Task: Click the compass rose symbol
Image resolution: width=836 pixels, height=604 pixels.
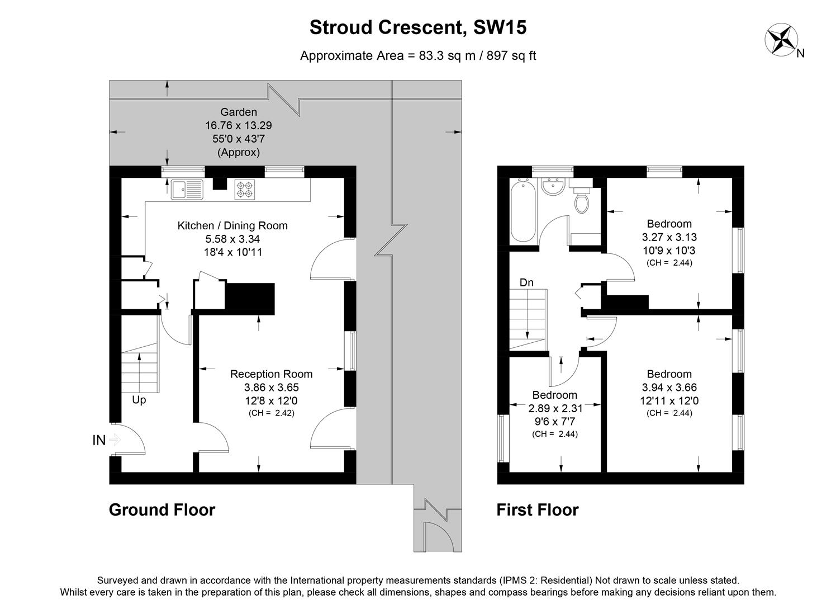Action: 781,39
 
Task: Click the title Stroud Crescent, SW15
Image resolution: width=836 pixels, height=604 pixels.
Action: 417,27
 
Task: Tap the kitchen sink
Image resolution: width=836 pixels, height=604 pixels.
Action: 187,190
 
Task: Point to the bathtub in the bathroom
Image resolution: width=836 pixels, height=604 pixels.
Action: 523,211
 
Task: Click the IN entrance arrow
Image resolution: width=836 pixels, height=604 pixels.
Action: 106,440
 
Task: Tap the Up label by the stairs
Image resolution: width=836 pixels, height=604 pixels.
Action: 139,400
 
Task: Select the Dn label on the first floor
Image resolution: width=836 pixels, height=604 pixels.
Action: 526,283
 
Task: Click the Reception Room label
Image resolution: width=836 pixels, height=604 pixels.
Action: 271,374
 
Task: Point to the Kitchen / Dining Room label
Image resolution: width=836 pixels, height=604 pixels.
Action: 232,226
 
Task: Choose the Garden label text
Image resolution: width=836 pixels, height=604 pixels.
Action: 239,112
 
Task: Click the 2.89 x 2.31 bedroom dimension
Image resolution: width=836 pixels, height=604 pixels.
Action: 554,408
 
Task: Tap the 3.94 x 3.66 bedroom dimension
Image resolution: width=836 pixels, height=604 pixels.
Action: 669,388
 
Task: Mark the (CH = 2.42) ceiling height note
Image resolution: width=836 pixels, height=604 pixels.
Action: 271,413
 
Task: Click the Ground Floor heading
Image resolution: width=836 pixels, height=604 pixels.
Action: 161,509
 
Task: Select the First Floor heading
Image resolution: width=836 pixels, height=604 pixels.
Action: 537,509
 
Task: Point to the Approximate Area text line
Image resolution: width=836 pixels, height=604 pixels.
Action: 417,55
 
